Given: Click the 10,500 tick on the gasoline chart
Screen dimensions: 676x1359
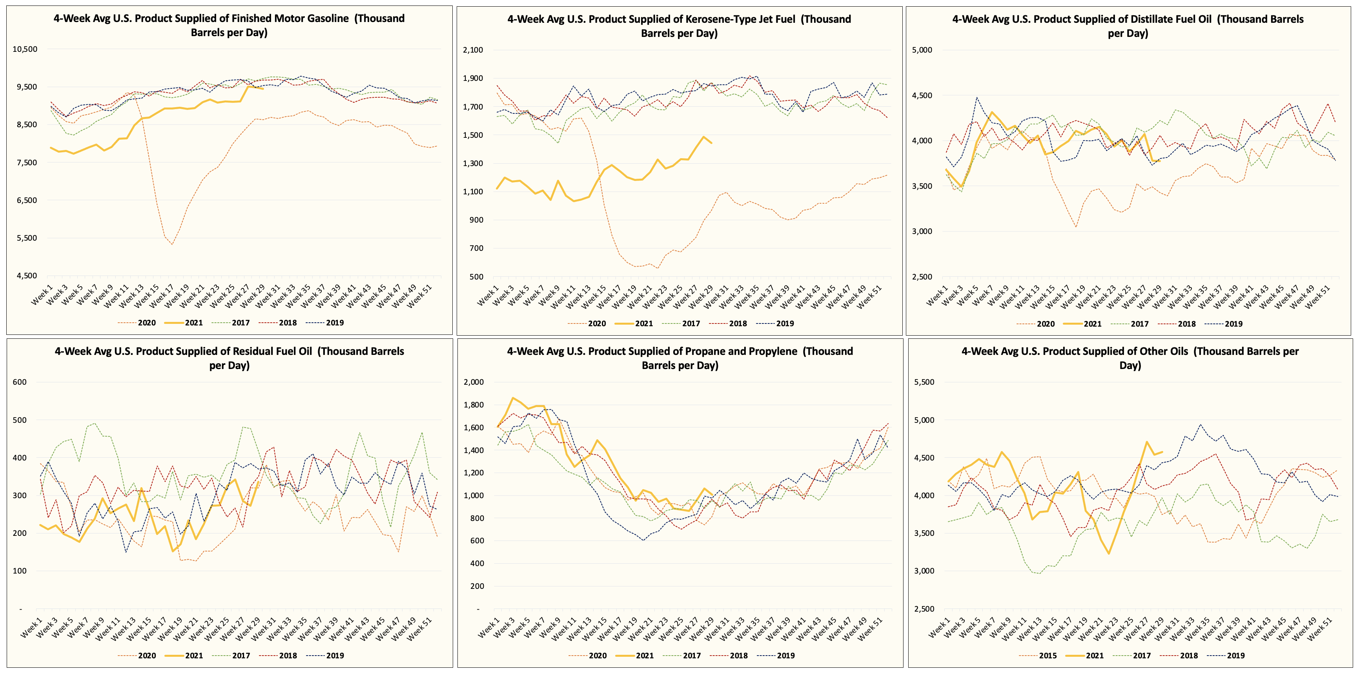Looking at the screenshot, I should (25, 49).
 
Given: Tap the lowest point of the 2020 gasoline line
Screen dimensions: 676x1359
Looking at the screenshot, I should (172, 244).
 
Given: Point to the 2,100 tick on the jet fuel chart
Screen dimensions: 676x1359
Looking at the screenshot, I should (473, 50).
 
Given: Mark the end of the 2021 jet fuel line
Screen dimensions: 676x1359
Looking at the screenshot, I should (711, 143).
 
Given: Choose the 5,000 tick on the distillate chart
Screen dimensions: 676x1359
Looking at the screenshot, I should (922, 50).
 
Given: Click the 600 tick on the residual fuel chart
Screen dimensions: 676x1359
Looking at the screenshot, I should (20, 382).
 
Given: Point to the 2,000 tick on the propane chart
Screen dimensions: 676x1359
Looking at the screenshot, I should (473, 382).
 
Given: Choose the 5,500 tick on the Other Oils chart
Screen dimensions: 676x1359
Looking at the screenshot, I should (924, 382).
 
